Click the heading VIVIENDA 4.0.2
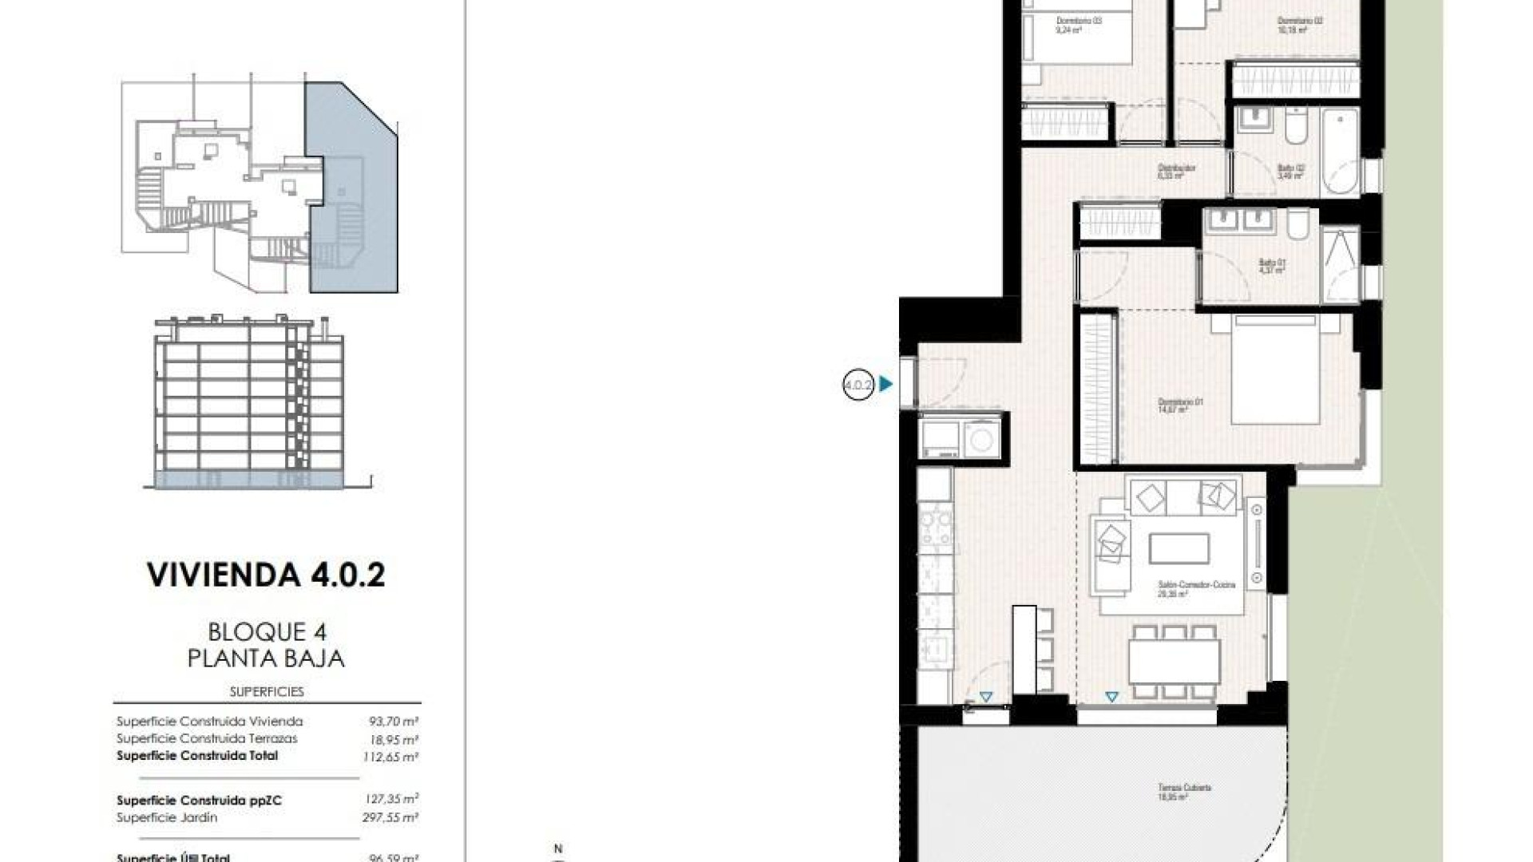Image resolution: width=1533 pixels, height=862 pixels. (x=266, y=575)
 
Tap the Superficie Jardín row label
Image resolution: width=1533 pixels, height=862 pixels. (x=167, y=817)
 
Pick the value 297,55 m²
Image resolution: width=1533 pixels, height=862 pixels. (x=389, y=817)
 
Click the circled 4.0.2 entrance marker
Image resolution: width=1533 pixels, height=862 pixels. (x=858, y=386)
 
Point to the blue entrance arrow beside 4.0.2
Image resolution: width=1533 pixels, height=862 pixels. (x=885, y=385)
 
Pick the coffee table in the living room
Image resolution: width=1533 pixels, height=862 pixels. (x=1178, y=549)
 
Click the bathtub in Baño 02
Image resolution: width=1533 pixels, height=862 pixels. (x=1339, y=152)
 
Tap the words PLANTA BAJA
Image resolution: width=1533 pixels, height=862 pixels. (x=266, y=658)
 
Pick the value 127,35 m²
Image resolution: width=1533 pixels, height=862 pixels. (x=389, y=800)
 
